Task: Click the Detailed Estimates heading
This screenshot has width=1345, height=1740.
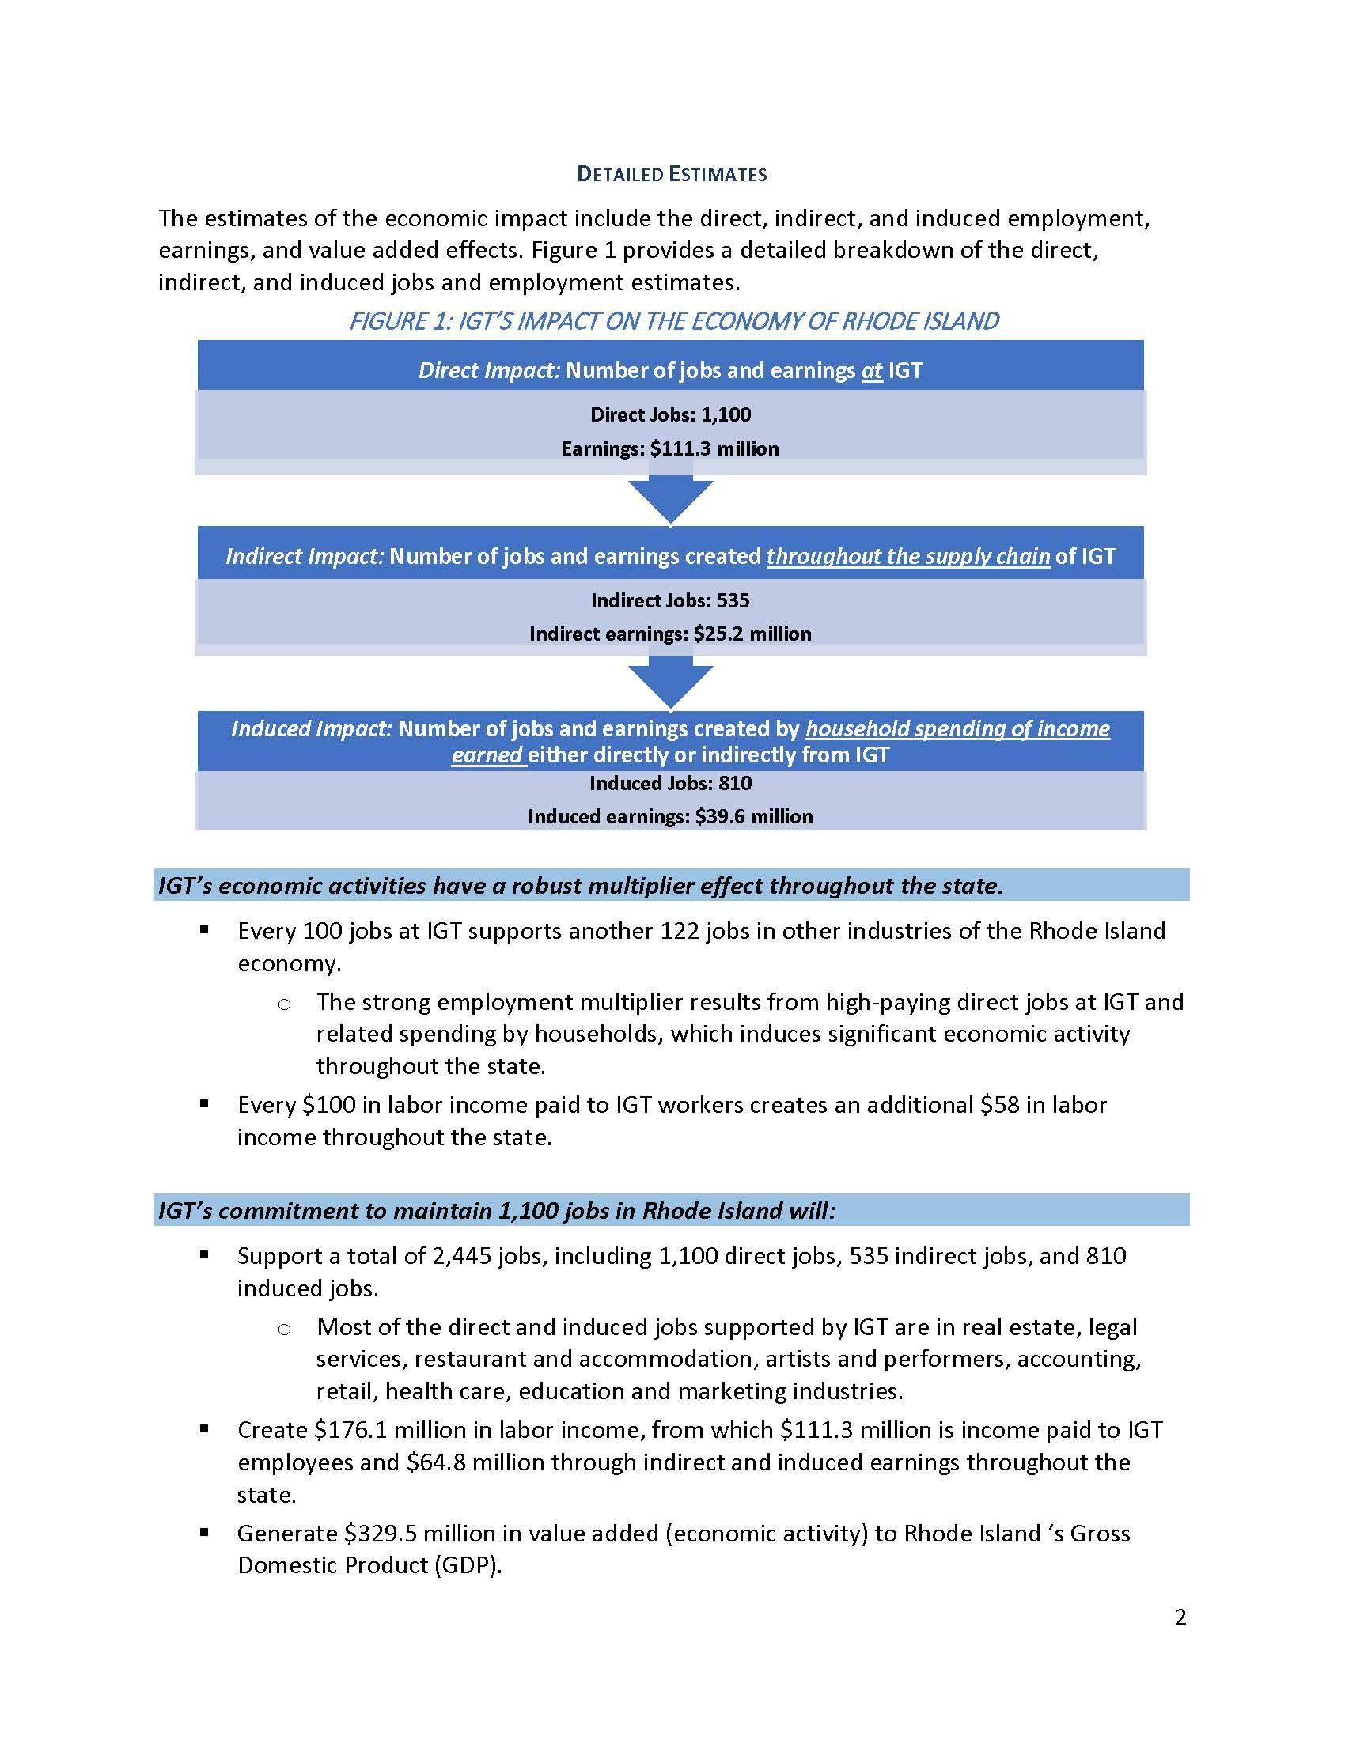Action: click(672, 174)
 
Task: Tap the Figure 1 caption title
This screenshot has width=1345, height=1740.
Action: click(673, 321)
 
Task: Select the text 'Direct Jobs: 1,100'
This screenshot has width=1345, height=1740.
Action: click(670, 414)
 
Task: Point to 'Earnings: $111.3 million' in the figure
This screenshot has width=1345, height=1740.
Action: click(670, 448)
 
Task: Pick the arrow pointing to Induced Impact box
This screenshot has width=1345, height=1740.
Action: click(670, 683)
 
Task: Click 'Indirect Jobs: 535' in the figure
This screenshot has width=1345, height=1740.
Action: click(670, 600)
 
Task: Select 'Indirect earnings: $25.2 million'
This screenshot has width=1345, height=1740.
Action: click(670, 634)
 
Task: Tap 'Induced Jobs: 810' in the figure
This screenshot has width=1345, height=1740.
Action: click(670, 783)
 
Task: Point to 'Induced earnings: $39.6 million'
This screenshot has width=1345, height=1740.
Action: click(670, 817)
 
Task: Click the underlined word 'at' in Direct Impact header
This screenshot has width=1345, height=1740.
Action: click(872, 370)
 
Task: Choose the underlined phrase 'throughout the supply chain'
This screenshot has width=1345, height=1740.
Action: click(907, 556)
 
